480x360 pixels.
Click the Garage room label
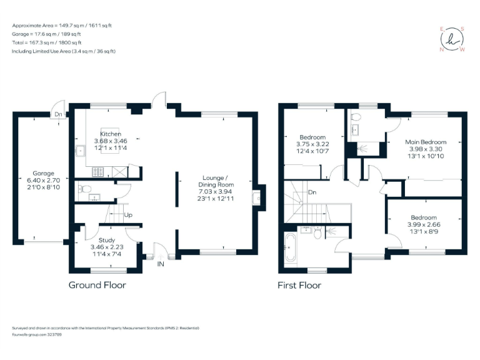[44, 174]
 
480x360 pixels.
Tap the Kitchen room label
[111, 134]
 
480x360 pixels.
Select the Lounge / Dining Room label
[216, 181]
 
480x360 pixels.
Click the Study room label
[107, 239]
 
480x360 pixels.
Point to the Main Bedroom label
[425, 141]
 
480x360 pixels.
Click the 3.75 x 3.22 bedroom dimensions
[312, 144]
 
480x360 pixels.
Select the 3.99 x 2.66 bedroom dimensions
[425, 225]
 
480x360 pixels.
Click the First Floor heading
[299, 286]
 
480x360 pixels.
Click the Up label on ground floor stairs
[128, 215]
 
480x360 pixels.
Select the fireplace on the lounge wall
[257, 198]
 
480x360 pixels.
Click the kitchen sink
[80, 150]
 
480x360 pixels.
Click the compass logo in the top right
[453, 39]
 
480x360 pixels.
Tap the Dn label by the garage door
[57, 114]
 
